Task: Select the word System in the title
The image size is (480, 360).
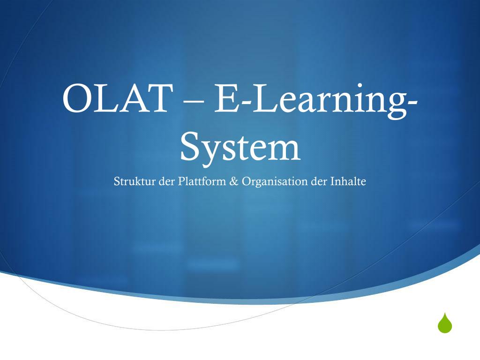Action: (x=240, y=147)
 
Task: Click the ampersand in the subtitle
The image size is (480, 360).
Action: (x=234, y=181)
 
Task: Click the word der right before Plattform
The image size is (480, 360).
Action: (x=167, y=181)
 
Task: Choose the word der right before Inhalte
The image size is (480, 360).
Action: (x=320, y=181)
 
